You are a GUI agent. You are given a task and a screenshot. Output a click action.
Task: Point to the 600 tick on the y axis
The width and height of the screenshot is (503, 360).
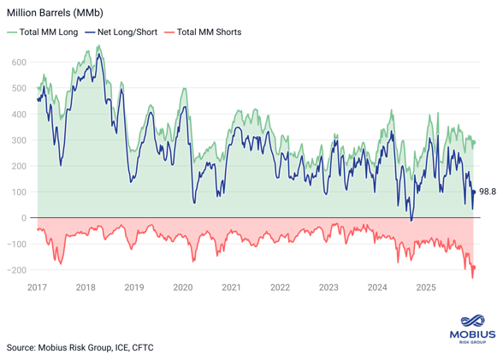coord(18,62)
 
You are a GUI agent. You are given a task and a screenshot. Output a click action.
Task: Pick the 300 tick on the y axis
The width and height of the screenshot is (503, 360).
coord(18,140)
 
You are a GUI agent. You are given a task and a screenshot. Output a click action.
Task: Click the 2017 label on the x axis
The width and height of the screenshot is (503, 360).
coord(38,288)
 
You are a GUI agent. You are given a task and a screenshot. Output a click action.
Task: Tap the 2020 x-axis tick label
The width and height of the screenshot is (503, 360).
coord(183,288)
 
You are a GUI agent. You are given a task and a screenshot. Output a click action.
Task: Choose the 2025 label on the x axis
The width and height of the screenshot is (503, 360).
coord(425,288)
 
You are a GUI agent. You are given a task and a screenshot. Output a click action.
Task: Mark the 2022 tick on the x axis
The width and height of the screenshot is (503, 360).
coord(280,288)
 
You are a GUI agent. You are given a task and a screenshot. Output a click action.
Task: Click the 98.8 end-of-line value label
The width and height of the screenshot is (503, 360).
coord(488,192)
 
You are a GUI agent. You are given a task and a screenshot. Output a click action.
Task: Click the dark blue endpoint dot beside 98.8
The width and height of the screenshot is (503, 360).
coord(474,192)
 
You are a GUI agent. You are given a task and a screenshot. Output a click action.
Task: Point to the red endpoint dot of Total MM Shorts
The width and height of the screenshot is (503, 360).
coord(474,268)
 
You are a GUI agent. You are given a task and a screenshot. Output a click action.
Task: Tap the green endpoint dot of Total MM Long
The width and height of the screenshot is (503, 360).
coord(474,142)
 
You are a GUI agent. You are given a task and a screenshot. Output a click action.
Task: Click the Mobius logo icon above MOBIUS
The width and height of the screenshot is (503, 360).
coord(472,315)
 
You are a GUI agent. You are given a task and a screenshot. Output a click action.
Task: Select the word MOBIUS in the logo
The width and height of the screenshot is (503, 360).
coord(472,333)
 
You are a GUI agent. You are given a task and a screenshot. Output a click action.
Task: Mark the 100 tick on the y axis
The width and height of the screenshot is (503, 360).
coord(18,192)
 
